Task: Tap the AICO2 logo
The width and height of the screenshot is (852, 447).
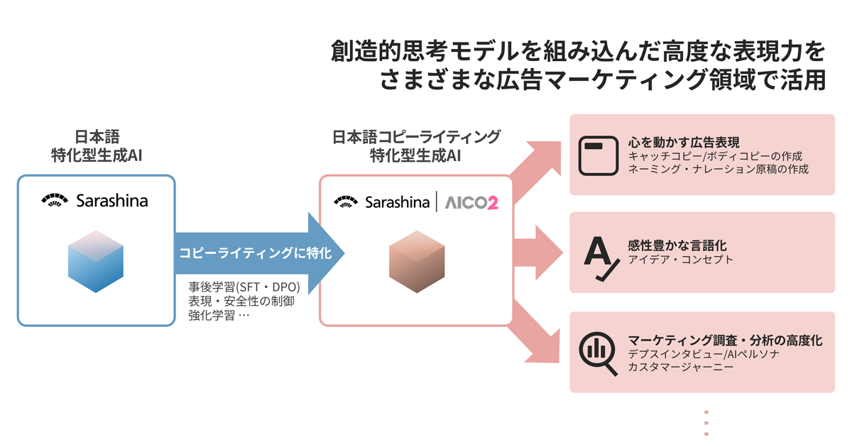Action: click(x=472, y=203)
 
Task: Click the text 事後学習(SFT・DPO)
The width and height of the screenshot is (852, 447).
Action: click(x=244, y=287)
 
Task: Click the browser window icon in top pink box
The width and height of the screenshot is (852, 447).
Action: click(x=595, y=155)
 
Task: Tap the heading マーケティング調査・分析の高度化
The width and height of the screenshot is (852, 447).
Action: click(x=725, y=340)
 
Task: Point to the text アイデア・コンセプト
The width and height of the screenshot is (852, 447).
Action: click(x=680, y=260)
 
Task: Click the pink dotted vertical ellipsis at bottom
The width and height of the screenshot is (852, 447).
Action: click(x=706, y=422)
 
